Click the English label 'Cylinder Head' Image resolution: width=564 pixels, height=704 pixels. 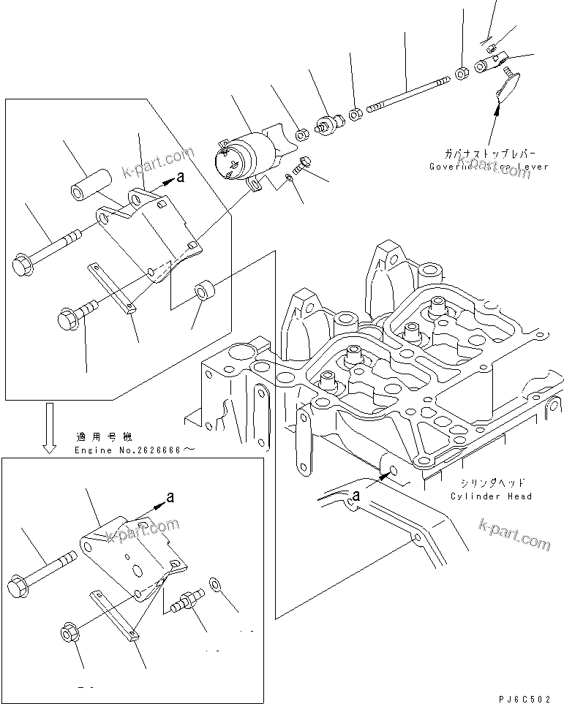coord(492,496)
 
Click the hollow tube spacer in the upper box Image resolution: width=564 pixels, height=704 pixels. coord(89,183)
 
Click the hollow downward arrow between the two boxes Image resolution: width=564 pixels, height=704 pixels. coord(49,428)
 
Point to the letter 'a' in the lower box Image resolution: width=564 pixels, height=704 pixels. coord(170,496)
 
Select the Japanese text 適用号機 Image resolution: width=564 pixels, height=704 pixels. coord(103,437)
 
